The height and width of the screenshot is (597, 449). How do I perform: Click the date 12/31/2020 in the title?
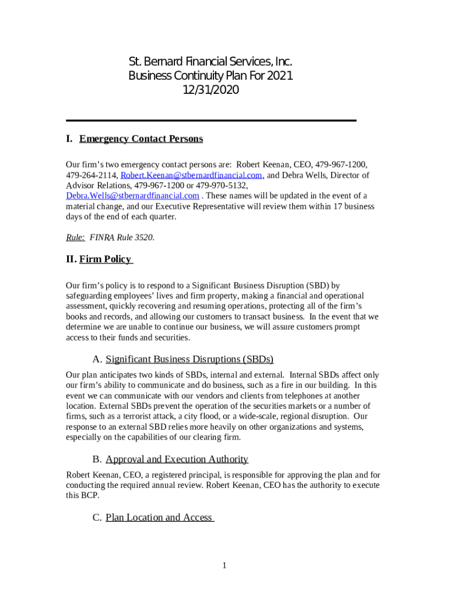pos(211,90)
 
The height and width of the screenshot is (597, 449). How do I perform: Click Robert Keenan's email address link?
pos(192,175)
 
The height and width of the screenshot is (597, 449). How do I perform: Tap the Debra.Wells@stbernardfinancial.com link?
pos(132,196)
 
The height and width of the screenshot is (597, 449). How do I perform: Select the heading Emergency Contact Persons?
pos(141,139)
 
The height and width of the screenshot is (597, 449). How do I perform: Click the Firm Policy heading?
pos(106,259)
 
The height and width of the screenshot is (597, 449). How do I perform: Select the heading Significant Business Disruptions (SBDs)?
pos(190,359)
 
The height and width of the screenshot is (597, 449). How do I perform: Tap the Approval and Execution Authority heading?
pos(177,459)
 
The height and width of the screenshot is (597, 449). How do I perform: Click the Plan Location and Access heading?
pos(159,518)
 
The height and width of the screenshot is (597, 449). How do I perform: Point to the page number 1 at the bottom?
pos(224,565)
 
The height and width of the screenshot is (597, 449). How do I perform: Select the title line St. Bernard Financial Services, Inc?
pos(210,62)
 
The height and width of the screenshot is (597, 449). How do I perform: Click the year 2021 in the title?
pos(278,76)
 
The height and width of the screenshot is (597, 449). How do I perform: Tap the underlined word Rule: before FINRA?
pos(75,237)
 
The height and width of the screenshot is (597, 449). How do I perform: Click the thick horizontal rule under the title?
pos(211,120)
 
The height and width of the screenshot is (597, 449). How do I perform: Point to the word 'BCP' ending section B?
pos(90,496)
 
